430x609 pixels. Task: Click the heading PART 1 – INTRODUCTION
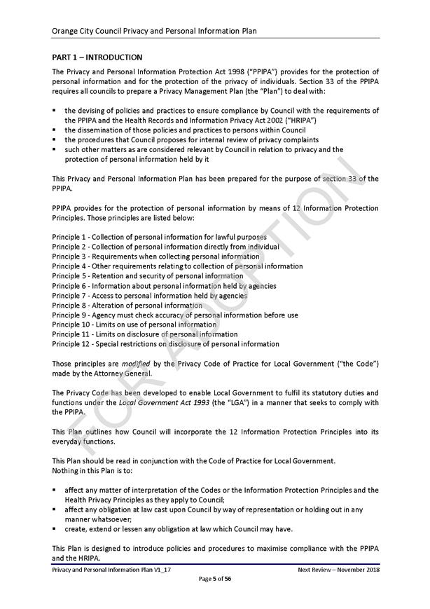(97, 57)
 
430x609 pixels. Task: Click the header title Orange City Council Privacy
(154, 32)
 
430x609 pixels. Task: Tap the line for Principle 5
(148, 276)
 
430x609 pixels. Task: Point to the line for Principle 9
(175, 315)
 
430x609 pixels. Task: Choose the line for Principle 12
(165, 344)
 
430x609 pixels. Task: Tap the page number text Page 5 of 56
(215, 579)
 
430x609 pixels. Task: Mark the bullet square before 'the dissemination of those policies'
(55, 130)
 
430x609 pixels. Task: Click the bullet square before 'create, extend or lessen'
(55, 529)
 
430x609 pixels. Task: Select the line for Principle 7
(150, 296)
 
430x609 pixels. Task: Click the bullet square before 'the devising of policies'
(55, 111)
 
